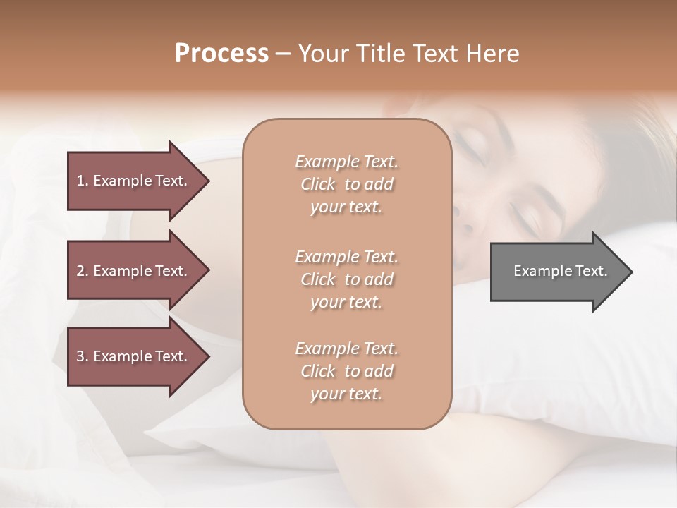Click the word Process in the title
[x=221, y=54]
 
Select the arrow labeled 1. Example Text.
[x=134, y=181]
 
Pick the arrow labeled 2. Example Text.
[x=134, y=271]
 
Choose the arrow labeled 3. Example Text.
[x=134, y=356]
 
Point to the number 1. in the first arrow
[x=83, y=181]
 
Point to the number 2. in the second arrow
[x=83, y=271]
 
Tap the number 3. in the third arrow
[x=83, y=356]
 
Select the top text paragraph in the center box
[x=346, y=184]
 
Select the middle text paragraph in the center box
[x=346, y=279]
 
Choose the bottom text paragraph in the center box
[x=346, y=371]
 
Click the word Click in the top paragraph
[x=319, y=184]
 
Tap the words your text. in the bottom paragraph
[x=346, y=394]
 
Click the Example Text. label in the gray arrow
[x=560, y=271]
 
